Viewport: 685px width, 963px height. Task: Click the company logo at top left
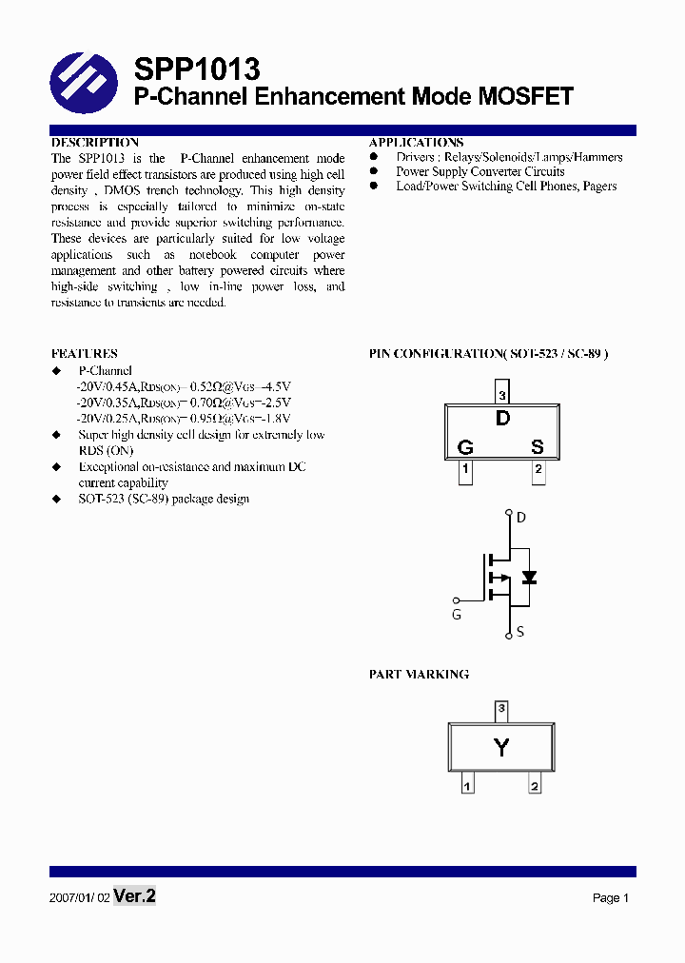84,82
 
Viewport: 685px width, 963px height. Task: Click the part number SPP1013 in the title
196,69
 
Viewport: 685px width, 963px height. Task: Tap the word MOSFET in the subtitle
525,97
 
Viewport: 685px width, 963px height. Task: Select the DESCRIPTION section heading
95,142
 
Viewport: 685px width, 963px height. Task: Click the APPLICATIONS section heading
416,142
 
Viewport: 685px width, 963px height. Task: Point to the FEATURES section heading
85,353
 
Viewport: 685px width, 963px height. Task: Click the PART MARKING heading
419,674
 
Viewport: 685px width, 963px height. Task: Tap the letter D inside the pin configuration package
502,419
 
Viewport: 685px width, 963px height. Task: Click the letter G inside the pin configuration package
465,447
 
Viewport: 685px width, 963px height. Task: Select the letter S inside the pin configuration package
537,447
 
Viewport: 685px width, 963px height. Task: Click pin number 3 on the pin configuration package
502,395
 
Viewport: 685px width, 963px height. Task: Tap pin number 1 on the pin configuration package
465,469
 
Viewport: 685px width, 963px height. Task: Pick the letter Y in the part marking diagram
501,748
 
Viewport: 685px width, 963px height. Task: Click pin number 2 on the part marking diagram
535,786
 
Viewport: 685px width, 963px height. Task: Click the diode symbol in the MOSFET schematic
529,578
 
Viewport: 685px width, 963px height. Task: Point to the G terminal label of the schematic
457,615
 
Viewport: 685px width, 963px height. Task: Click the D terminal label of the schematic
520,518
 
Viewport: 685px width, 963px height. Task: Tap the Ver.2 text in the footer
134,896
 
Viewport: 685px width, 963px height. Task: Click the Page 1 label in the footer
611,897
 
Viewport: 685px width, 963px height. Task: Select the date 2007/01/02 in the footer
78,897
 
